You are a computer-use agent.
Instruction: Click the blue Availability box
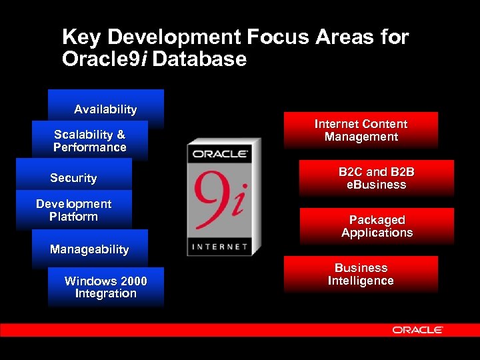point(105,109)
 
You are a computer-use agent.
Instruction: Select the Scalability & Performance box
point(89,141)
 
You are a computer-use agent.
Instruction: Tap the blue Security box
point(73,178)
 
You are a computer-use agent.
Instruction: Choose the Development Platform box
point(73,210)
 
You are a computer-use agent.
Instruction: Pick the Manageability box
point(89,249)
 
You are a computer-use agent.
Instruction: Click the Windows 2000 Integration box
point(105,287)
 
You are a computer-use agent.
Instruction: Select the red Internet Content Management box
point(361,130)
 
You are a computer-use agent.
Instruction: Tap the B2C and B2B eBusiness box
point(376,178)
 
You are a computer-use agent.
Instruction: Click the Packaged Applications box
point(377,226)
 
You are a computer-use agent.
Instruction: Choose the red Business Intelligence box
point(361,274)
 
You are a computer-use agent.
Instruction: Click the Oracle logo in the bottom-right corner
point(417,330)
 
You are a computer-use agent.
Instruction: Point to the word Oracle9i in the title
point(105,59)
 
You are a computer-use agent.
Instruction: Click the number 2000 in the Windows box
point(131,281)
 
